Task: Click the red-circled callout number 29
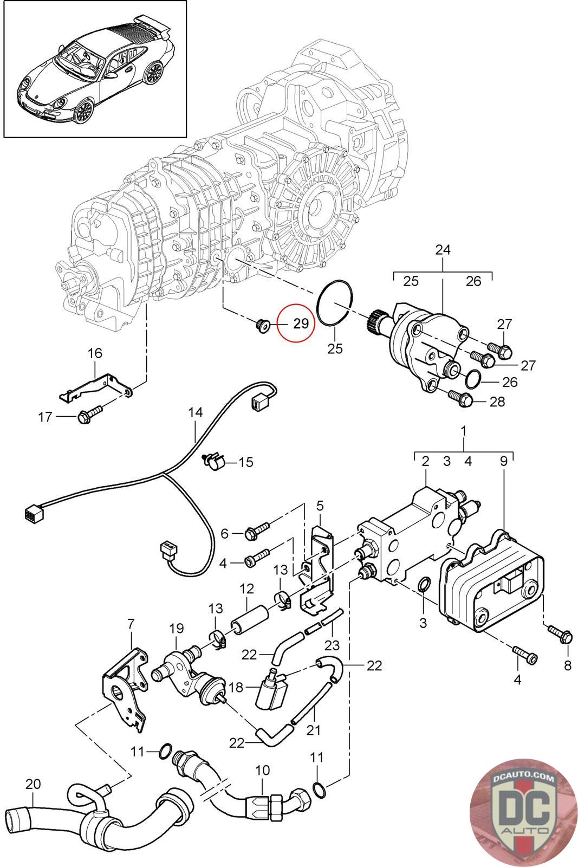(301, 323)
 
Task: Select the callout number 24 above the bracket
(442, 250)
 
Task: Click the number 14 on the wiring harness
(195, 412)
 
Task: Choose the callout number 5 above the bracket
(320, 506)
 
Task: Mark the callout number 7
(130, 623)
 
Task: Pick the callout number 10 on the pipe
(262, 770)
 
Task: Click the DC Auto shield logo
(515, 812)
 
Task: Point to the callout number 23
(332, 645)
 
